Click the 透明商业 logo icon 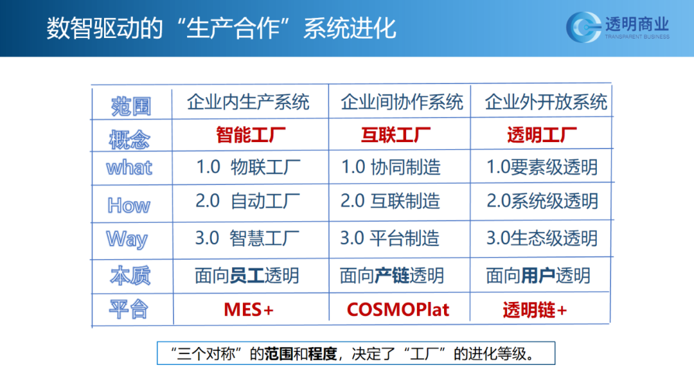pyautogui.click(x=583, y=27)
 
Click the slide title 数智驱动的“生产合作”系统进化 pyautogui.click(x=221, y=28)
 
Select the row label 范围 pyautogui.click(x=131, y=107)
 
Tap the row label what pyautogui.click(x=129, y=168)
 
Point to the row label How pyautogui.click(x=129, y=206)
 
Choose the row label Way pyautogui.click(x=127, y=239)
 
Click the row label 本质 pyautogui.click(x=130, y=276)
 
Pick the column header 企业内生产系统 pyautogui.click(x=248, y=102)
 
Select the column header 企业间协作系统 pyautogui.click(x=402, y=102)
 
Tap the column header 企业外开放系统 pyautogui.click(x=546, y=102)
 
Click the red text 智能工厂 pyautogui.click(x=251, y=134)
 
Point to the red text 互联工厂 pyautogui.click(x=396, y=134)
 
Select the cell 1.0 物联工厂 pyautogui.click(x=248, y=167)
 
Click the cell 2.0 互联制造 pyautogui.click(x=391, y=201)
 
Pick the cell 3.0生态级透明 pyautogui.click(x=542, y=238)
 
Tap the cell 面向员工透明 pyautogui.click(x=247, y=276)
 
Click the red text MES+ pyautogui.click(x=249, y=310)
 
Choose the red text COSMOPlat pyautogui.click(x=398, y=310)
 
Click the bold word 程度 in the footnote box pyautogui.click(x=323, y=354)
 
